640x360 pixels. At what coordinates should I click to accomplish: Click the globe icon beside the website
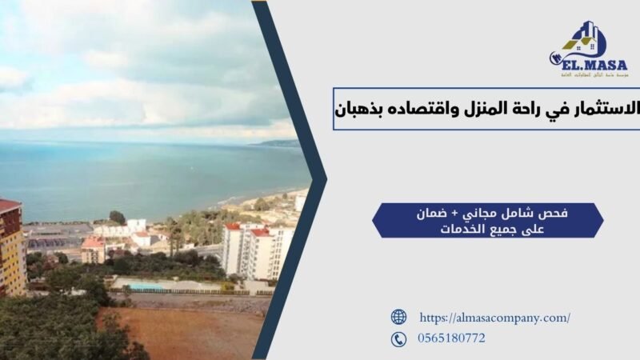pos(398,317)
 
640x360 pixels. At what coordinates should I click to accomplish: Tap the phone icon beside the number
pos(398,339)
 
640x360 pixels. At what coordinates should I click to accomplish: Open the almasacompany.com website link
pos(494,318)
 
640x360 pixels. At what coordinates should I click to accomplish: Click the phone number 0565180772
pos(451,339)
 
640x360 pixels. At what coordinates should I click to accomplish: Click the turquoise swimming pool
pos(146,286)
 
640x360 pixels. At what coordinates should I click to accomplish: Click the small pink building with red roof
pos(93,250)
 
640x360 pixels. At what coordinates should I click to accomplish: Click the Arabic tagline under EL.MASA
pos(590,73)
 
